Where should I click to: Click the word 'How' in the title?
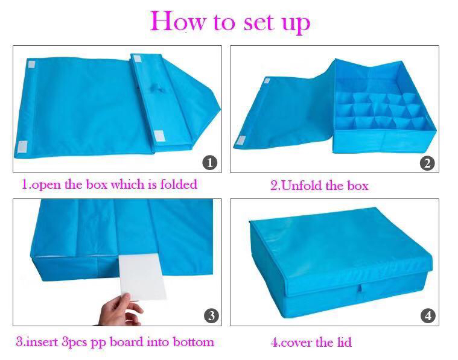178,21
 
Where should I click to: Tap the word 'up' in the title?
296,25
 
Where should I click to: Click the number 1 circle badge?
210,162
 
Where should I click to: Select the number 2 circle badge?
427,163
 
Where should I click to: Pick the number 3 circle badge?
211,315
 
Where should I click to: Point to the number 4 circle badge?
428,315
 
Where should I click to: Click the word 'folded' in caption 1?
179,185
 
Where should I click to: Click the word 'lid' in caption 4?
345,342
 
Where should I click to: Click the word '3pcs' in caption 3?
74,343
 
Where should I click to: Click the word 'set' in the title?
259,24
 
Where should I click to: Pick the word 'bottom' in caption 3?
194,342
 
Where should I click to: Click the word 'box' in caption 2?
357,186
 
